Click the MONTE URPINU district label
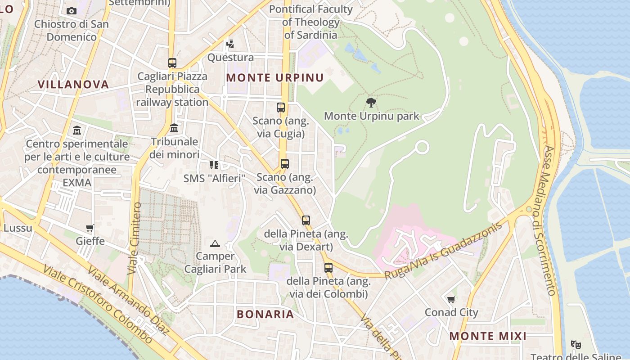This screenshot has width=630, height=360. (x=275, y=77)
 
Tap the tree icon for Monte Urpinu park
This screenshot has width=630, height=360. (x=371, y=103)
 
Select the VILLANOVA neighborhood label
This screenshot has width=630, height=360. (x=73, y=84)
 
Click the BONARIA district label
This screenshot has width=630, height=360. (x=265, y=314)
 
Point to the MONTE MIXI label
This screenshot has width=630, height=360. (x=488, y=336)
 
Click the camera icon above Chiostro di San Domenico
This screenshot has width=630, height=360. (x=72, y=11)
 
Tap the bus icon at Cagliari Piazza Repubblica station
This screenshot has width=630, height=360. (x=172, y=63)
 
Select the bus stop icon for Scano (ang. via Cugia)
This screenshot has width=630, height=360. (x=281, y=108)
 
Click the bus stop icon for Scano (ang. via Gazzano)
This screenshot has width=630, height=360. (x=284, y=164)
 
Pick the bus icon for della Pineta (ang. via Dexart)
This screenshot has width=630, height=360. (x=306, y=220)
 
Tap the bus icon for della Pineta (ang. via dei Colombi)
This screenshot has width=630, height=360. (x=328, y=268)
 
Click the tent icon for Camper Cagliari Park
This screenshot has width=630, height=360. (x=215, y=243)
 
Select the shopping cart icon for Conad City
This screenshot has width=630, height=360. (x=451, y=299)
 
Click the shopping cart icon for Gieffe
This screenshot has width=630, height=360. (x=90, y=228)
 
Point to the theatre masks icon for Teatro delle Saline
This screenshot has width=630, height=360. (x=576, y=345)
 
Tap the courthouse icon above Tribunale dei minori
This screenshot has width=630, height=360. (x=175, y=128)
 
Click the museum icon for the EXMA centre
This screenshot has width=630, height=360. (x=77, y=130)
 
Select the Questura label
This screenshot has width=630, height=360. (x=230, y=58)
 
